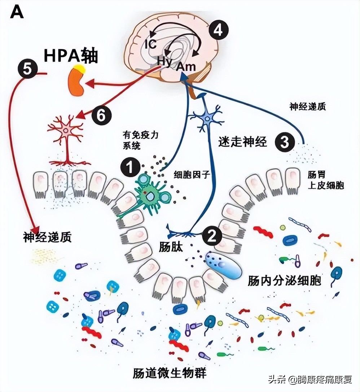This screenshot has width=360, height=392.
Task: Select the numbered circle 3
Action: [x=285, y=143]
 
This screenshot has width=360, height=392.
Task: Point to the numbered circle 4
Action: [x=218, y=31]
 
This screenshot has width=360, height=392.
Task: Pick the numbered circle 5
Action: [x=27, y=69]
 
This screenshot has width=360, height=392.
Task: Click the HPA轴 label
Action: [x=71, y=56]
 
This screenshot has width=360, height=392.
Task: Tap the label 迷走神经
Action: [x=242, y=142]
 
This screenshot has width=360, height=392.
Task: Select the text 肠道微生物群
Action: [x=170, y=372]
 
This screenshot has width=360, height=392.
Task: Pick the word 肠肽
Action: [x=171, y=247]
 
